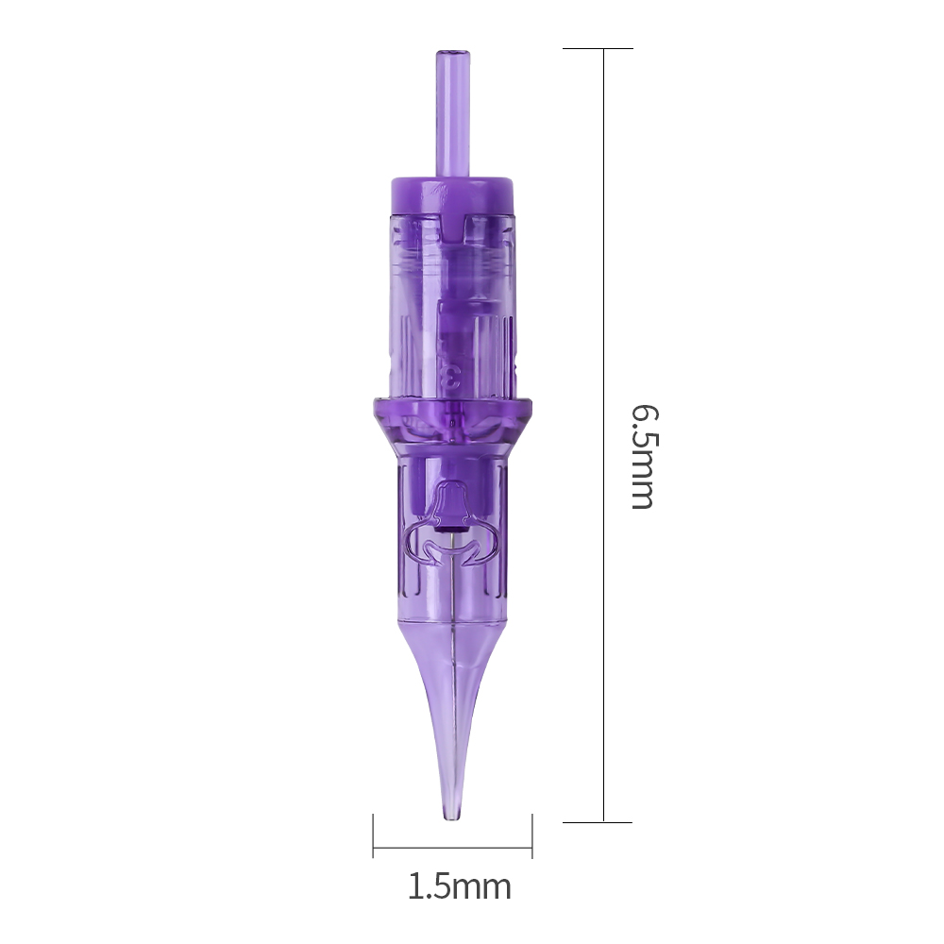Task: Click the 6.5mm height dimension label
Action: (645, 457)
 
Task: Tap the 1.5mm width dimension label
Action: (460, 886)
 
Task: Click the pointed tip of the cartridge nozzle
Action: (452, 818)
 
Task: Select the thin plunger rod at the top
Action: (453, 114)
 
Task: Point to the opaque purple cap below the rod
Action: (452, 195)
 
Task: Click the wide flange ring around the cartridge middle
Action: (452, 409)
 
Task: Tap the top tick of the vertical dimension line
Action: (598, 49)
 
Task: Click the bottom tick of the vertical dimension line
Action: (598, 822)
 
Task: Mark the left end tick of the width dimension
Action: (373, 835)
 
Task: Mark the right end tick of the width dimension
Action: (532, 835)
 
